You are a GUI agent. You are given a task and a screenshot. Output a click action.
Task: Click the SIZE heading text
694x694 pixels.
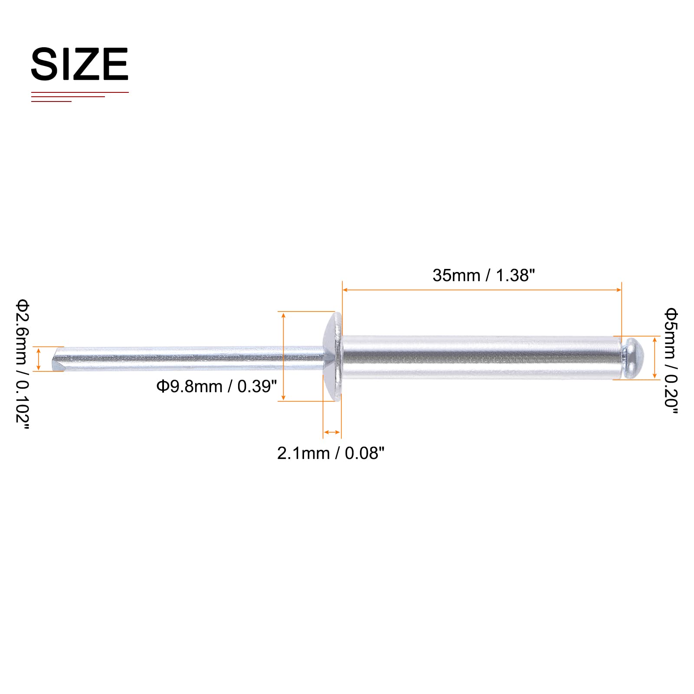click(x=80, y=64)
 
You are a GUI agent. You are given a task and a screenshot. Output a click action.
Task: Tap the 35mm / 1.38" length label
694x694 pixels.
click(x=484, y=275)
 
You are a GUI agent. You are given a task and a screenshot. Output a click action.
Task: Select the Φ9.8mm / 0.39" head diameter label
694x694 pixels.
click(x=216, y=386)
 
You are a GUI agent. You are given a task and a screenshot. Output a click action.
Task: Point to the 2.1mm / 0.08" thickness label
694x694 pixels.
click(x=331, y=453)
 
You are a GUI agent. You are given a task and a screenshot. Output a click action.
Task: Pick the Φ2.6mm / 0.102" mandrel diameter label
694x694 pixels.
click(x=23, y=364)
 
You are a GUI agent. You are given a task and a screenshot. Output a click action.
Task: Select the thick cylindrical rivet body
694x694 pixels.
click(x=481, y=357)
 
